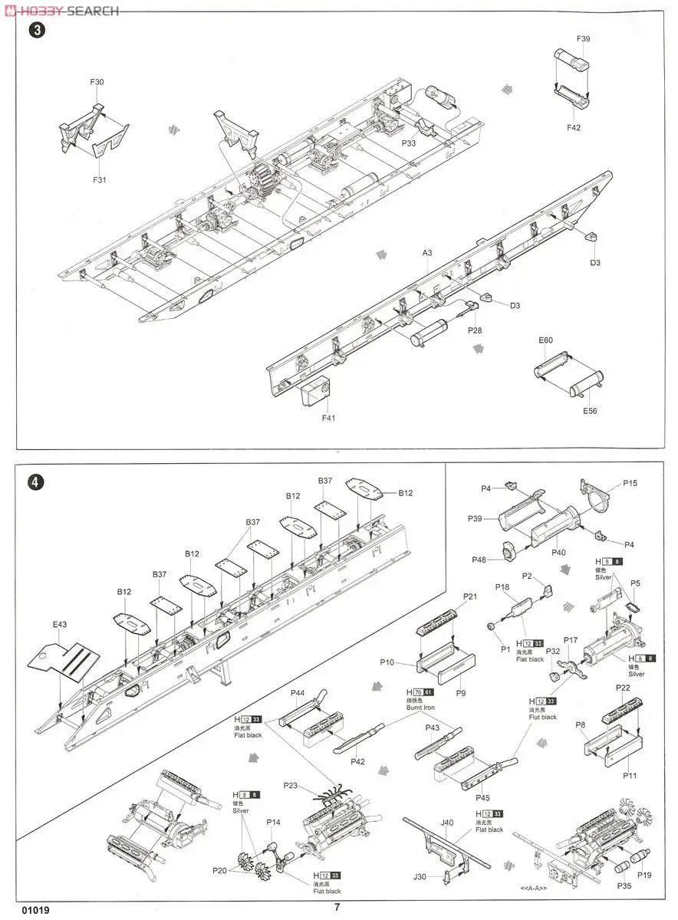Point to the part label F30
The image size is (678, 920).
(97, 82)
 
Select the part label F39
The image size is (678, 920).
(583, 39)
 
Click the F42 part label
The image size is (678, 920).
(574, 128)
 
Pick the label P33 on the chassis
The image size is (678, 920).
(408, 142)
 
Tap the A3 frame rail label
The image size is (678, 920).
(427, 252)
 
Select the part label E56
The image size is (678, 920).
(589, 411)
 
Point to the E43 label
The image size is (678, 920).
(61, 624)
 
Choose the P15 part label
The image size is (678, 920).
(630, 484)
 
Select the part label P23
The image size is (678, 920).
(291, 785)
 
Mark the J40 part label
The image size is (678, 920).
(448, 823)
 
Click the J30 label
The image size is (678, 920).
(420, 878)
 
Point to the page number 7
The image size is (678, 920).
(337, 907)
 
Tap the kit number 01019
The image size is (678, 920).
(36, 910)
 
